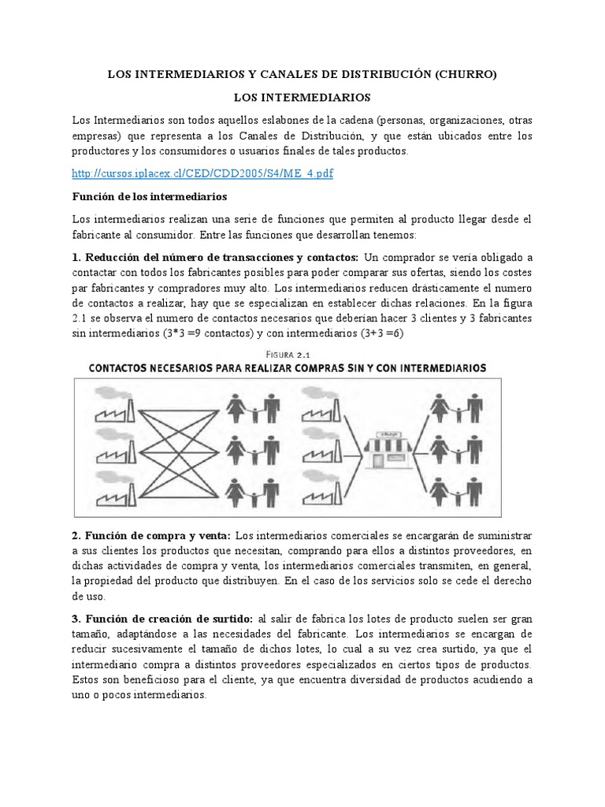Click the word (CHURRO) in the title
tap(466, 75)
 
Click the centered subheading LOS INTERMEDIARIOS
tap(302, 98)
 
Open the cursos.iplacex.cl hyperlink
tap(202, 173)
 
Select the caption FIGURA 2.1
tap(302, 353)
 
